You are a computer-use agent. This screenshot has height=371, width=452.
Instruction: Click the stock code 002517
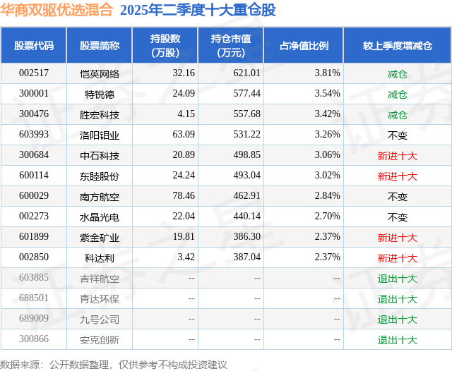pos(34,73)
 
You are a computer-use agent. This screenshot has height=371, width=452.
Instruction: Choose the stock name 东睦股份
pos(100,176)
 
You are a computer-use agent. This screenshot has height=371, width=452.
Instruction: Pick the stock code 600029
pos(34,197)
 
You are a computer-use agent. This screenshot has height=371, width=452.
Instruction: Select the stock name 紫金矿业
pos(100,238)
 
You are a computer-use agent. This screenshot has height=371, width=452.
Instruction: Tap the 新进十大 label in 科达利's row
pos(397,258)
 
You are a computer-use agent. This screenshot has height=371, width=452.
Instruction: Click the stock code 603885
pos(34,279)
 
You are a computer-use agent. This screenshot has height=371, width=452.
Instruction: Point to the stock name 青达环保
pos(100,299)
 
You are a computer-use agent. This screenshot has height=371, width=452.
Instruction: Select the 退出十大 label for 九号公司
pos(397,320)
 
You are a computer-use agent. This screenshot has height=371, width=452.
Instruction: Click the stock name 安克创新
pos(100,340)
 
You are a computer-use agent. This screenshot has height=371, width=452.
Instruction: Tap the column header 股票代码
pos(34,46)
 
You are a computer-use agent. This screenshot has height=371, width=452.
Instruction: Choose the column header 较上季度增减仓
pos(397,46)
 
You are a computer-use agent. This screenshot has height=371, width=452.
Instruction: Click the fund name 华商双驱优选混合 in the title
pos(56,10)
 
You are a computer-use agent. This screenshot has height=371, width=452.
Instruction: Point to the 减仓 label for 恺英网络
pos(397,73)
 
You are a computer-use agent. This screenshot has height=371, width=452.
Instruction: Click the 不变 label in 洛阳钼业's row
pos(397,135)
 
